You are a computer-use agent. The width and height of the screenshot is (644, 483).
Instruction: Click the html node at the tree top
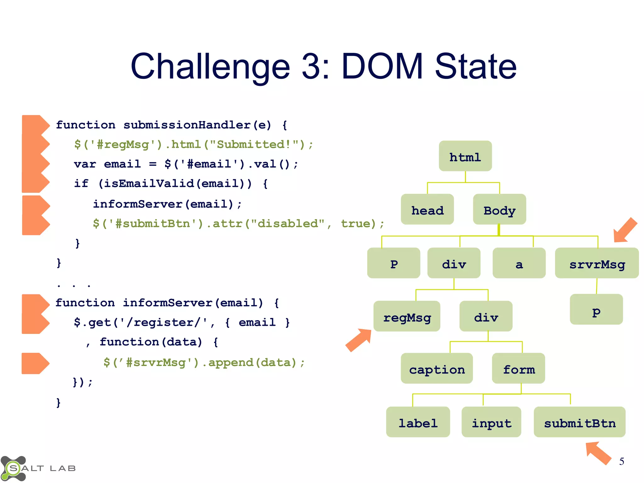coord(465,156)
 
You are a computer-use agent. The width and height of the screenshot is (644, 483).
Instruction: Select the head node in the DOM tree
coord(427,209)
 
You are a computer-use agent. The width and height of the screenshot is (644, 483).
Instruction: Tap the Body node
coord(499,209)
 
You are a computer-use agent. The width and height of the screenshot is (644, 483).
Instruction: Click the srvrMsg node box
coord(597,263)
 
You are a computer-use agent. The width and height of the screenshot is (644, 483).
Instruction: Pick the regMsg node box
coord(407,316)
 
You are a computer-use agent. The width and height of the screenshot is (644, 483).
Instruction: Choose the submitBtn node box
coord(579,422)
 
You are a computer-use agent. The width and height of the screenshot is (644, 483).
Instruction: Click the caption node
coord(436,369)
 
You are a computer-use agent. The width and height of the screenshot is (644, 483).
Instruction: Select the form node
coord(518,369)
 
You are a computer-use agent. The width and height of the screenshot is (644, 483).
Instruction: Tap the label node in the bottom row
coord(418,422)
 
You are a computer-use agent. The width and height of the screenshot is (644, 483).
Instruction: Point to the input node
coord(491,422)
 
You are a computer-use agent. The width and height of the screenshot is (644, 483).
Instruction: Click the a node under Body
coord(519,263)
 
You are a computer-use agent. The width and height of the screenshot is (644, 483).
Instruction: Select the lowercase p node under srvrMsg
coord(596,310)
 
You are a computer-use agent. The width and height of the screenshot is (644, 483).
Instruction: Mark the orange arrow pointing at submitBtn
coord(598,453)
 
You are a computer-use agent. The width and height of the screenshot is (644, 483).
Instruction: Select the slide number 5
coord(621,462)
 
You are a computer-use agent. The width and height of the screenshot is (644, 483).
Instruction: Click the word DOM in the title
coord(382,67)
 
